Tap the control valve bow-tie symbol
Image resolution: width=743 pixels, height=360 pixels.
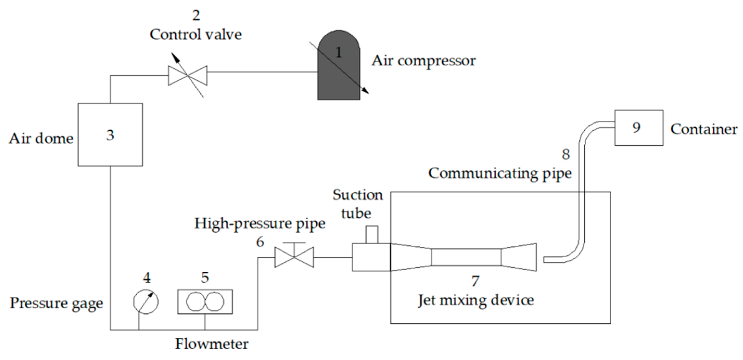pos(188,76)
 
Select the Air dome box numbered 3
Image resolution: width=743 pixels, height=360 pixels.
pos(110,135)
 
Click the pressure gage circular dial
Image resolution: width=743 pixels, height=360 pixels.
pos(146,302)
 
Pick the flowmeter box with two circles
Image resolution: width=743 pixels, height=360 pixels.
pos(205,302)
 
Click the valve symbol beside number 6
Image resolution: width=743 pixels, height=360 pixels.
pos(294,257)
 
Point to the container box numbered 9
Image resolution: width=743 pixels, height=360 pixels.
pos(639,128)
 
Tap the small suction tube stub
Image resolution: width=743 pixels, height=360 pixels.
pos(372,234)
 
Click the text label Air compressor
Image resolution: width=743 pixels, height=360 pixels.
pos(424,61)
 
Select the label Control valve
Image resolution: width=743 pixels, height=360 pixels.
pos(196,35)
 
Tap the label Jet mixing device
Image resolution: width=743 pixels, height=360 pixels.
pos(476,301)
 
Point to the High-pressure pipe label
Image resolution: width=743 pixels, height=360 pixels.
pos(260,223)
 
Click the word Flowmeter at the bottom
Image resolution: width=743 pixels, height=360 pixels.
pos(212,344)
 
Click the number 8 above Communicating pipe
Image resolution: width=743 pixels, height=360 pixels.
pos(566,154)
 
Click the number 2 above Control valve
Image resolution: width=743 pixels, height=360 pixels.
pos(196,15)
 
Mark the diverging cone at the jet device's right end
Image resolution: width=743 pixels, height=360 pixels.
pos(519,257)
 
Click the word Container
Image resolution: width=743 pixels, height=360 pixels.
pos(703,129)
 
